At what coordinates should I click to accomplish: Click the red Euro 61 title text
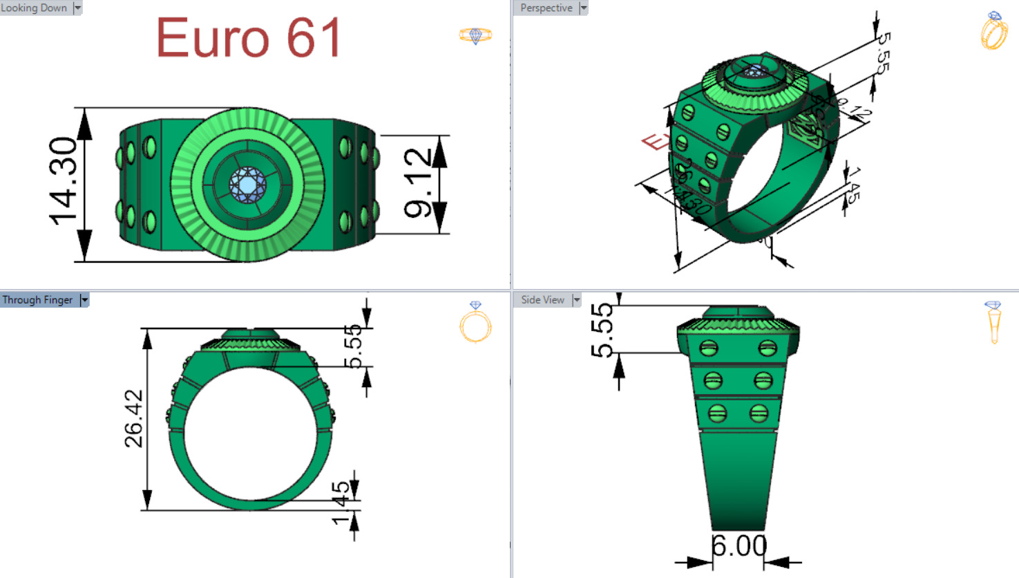pos(249,38)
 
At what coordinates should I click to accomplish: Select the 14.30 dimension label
pos(64,181)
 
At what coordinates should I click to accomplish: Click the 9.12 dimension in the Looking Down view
pos(418,183)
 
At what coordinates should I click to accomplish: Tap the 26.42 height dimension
pos(134,419)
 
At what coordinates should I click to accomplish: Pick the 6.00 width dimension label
pos(739,546)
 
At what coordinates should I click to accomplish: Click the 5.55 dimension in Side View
pos(602,330)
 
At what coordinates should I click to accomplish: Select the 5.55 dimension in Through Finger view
pos(353,346)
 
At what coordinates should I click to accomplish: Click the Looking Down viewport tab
pos(35,8)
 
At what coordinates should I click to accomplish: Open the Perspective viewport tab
pos(546,8)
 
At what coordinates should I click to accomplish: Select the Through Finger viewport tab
pos(37,299)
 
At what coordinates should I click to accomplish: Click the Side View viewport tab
pos(542,299)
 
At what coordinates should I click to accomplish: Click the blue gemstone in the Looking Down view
pos(247,185)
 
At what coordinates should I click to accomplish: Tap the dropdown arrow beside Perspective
pos(583,8)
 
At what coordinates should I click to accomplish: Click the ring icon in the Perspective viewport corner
pos(993,30)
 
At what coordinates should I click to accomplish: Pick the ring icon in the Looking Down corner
pos(475,35)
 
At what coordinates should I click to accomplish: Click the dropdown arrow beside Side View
pos(576,299)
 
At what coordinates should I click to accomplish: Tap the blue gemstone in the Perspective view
pos(754,71)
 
